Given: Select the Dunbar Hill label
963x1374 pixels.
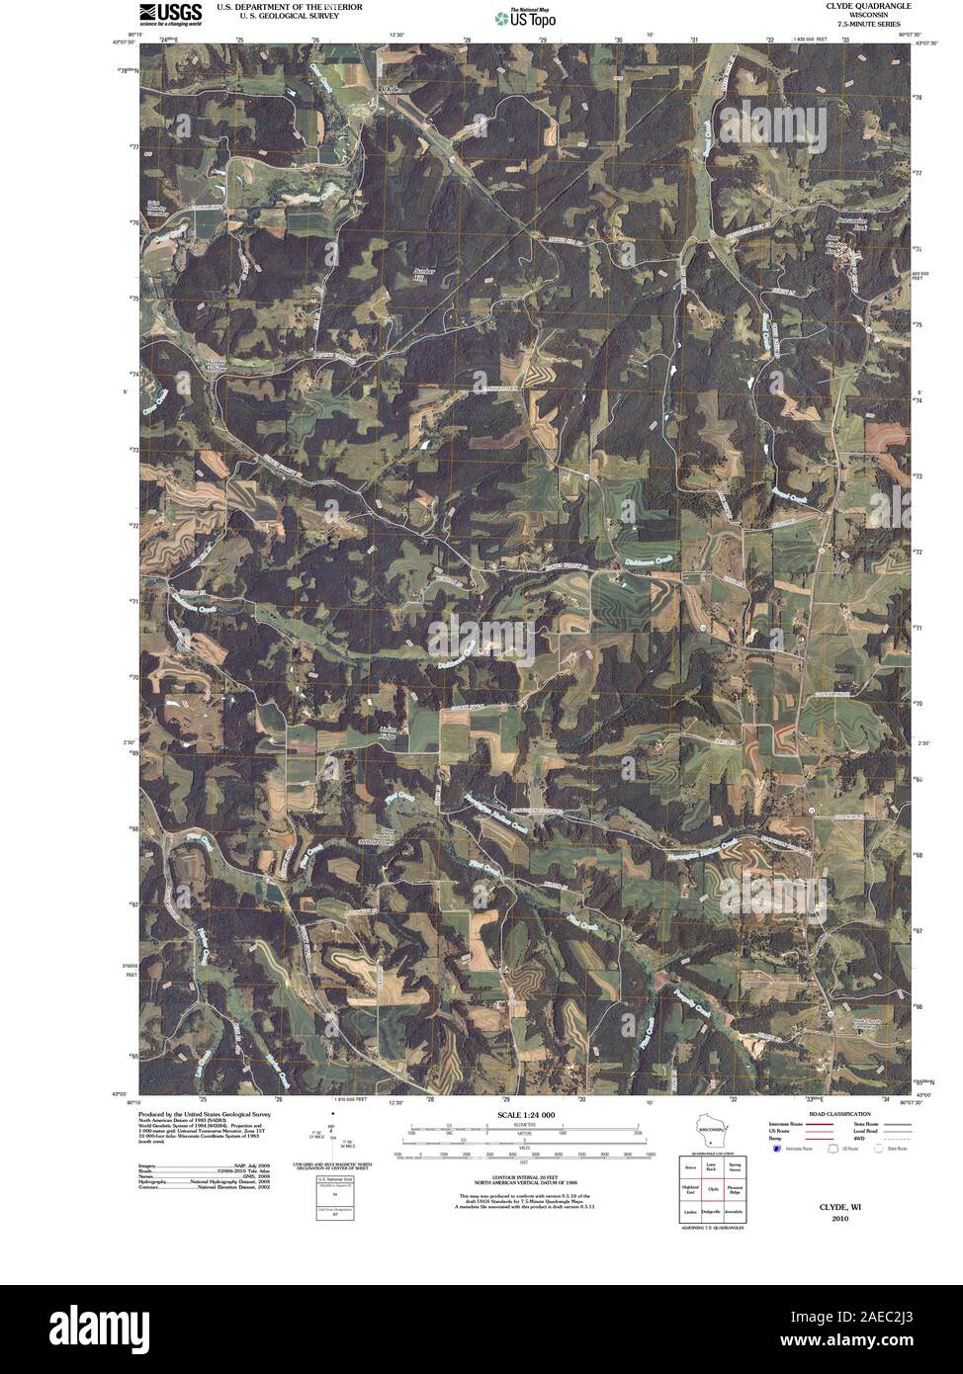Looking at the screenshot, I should tap(424, 272).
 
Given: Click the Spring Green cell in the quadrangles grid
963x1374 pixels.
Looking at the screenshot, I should tap(733, 1168).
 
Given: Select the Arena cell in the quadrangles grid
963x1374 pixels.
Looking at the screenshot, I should tap(690, 1168).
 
